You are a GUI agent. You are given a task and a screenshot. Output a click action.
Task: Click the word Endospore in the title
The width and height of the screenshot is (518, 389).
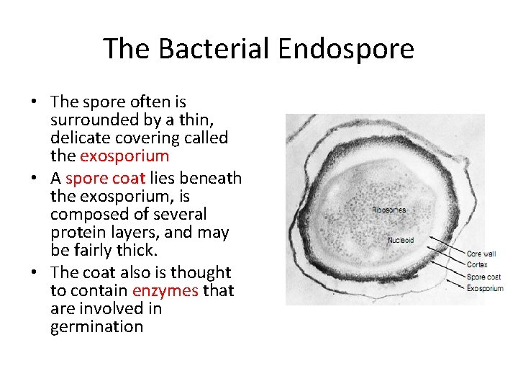pyautogui.click(x=346, y=49)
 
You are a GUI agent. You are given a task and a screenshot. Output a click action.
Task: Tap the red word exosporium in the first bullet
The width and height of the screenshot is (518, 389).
pyautogui.click(x=124, y=156)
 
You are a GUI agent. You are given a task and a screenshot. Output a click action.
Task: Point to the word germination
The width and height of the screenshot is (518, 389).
pyautogui.click(x=96, y=326)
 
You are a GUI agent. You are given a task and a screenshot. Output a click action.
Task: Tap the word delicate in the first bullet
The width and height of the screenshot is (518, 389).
pyautogui.click(x=81, y=138)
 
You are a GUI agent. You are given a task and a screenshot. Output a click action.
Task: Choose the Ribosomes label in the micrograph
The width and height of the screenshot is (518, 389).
pyautogui.click(x=388, y=210)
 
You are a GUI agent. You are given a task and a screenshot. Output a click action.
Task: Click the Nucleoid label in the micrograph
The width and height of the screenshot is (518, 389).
pyautogui.click(x=401, y=240)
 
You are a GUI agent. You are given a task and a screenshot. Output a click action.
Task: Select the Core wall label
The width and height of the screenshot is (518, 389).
pyautogui.click(x=481, y=254)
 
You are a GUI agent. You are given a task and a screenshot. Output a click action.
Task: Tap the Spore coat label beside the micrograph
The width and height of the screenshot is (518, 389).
pyautogui.click(x=483, y=277)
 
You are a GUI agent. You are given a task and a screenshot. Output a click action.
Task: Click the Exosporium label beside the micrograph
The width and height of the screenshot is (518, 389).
pyautogui.click(x=485, y=288)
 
